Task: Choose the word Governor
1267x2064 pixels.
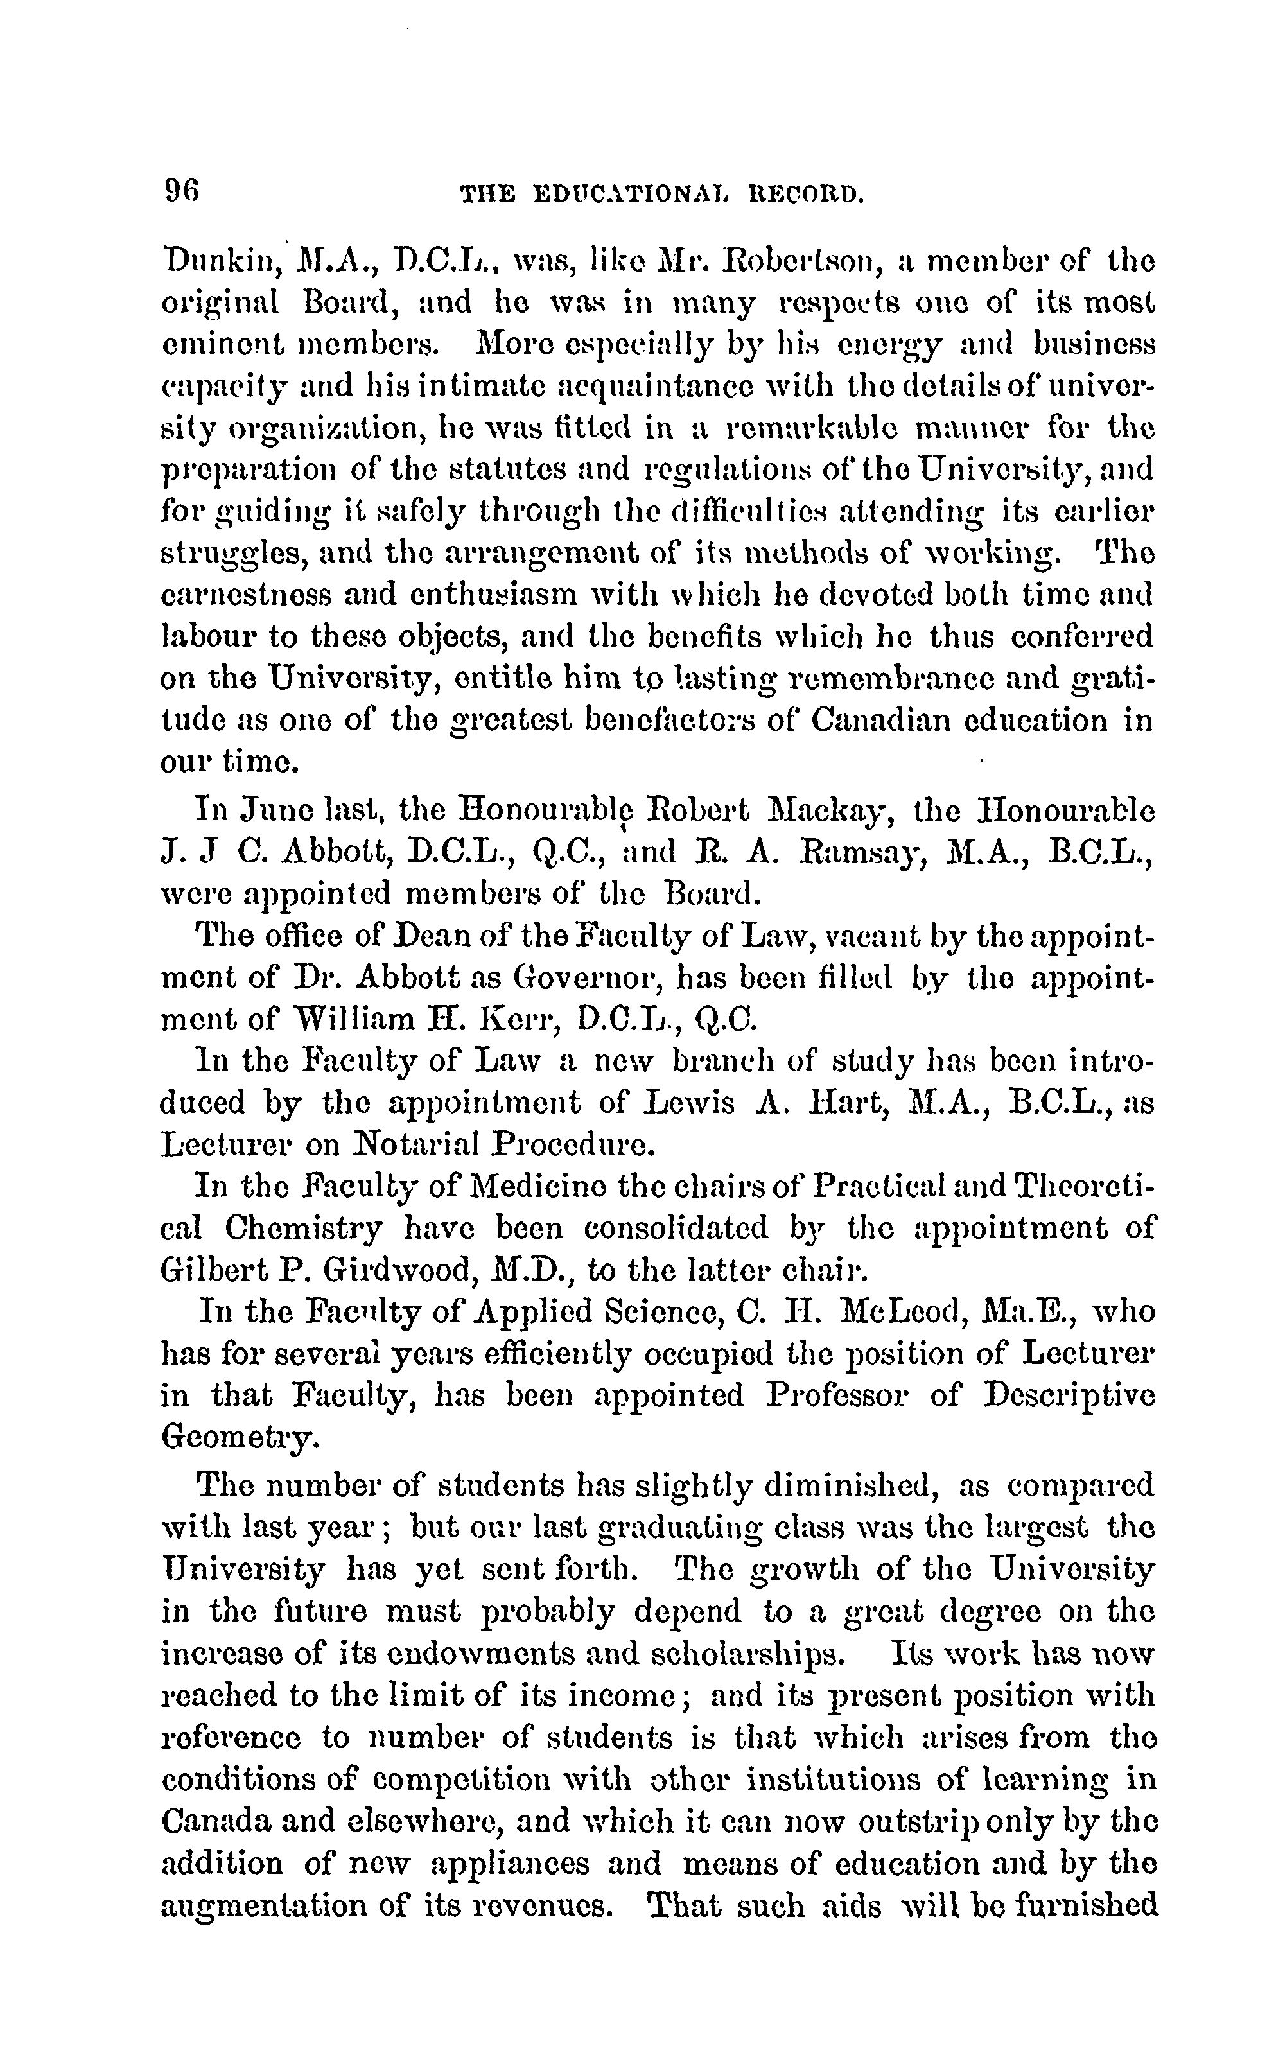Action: (586, 977)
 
